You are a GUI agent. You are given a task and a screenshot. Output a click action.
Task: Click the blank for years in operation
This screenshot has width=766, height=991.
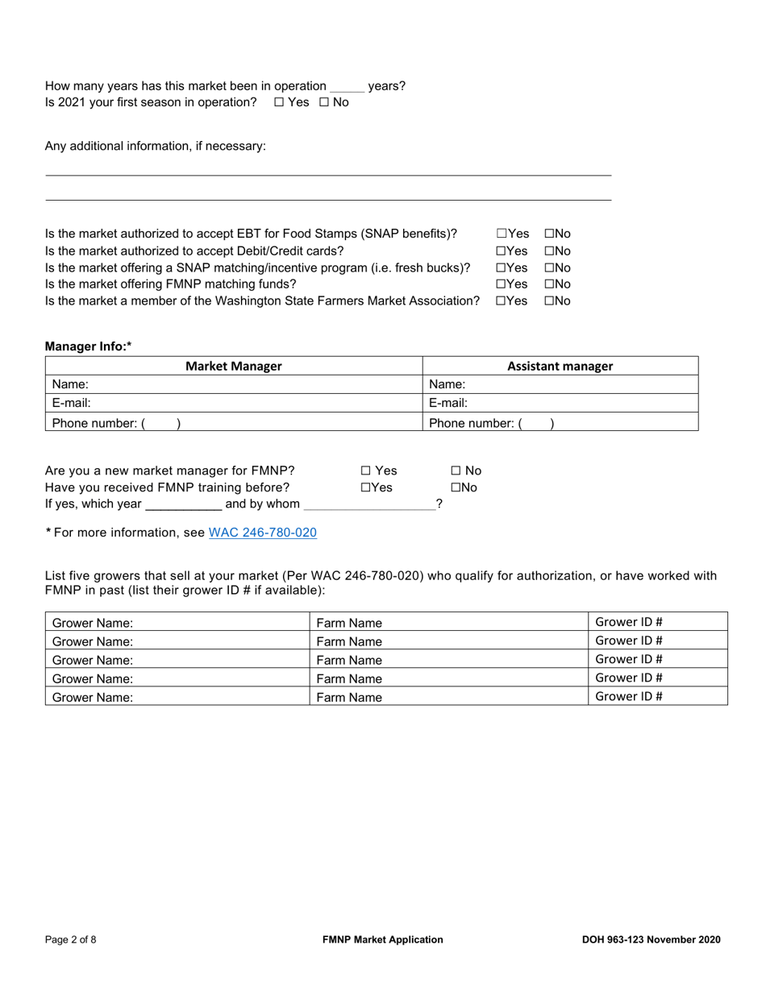pyautogui.click(x=347, y=86)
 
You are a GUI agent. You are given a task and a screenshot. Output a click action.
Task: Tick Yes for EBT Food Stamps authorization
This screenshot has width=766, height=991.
pyautogui.click(x=501, y=234)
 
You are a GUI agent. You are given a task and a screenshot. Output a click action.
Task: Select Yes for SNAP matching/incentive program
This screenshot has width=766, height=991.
pyautogui.click(x=501, y=267)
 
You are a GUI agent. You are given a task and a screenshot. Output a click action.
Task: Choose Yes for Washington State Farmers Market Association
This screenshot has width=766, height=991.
pyautogui.click(x=501, y=301)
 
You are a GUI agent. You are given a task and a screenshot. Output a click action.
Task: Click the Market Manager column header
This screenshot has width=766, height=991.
pyautogui.click(x=234, y=366)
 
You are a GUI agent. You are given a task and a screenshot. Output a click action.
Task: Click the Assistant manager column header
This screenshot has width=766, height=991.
pyautogui.click(x=560, y=366)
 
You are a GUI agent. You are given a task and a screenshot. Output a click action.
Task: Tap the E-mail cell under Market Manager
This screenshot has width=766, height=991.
pyautogui.click(x=234, y=403)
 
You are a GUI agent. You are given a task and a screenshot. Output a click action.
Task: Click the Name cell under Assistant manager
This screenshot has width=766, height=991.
pyautogui.click(x=560, y=384)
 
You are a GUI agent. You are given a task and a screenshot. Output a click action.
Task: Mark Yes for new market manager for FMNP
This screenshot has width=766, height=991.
pyautogui.click(x=365, y=471)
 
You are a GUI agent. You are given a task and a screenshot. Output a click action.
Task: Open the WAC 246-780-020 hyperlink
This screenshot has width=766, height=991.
pyautogui.click(x=262, y=533)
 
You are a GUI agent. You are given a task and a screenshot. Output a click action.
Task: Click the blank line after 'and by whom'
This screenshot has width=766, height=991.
pyautogui.click(x=368, y=504)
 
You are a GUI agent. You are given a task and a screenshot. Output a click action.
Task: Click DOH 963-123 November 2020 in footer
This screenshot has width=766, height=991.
pyautogui.click(x=651, y=939)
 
